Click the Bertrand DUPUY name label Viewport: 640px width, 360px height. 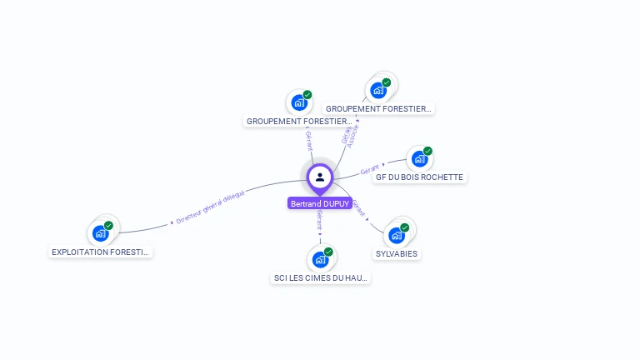click(x=320, y=203)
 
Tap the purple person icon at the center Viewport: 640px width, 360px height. click(x=320, y=177)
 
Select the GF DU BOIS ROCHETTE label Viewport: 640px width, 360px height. click(x=419, y=177)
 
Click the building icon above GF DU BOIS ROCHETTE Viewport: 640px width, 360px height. click(x=418, y=159)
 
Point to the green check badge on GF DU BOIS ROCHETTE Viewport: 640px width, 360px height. click(x=427, y=152)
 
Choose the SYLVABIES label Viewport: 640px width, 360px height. click(x=397, y=253)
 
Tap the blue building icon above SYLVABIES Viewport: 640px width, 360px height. click(x=396, y=235)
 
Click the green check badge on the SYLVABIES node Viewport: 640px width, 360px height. click(x=405, y=227)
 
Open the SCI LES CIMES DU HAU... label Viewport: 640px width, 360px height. click(x=321, y=277)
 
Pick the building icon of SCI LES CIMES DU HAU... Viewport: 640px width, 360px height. click(x=320, y=259)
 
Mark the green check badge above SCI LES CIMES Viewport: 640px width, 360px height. click(x=328, y=252)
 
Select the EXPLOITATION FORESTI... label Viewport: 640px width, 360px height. click(x=101, y=251)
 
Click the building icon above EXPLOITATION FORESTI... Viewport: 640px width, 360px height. click(x=101, y=232)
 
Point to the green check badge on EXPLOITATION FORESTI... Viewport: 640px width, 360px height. click(x=109, y=225)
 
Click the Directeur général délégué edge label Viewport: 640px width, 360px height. click(x=210, y=207)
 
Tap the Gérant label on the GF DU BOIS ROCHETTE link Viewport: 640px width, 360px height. click(x=368, y=170)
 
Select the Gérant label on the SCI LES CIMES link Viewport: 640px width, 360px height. click(x=320, y=220)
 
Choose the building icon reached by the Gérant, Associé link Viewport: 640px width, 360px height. click(x=378, y=90)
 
